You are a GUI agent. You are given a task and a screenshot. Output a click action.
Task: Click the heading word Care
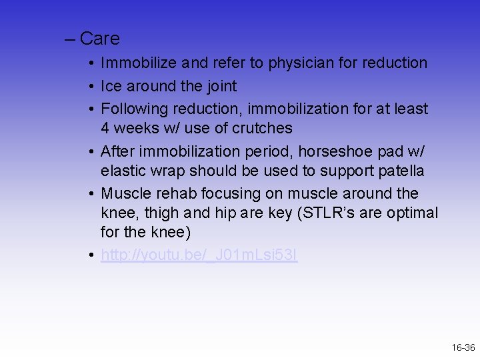tap(99, 39)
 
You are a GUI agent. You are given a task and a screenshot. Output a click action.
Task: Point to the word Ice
tap(111, 86)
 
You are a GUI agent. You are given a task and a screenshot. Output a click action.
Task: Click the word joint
tap(220, 86)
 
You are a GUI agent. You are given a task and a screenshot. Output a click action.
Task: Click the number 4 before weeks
tap(105, 128)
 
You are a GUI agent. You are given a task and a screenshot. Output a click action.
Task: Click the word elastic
tap(124, 171)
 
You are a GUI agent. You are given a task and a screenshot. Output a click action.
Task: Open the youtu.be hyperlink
tap(199, 256)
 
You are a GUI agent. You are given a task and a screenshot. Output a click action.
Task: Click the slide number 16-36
tap(463, 347)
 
